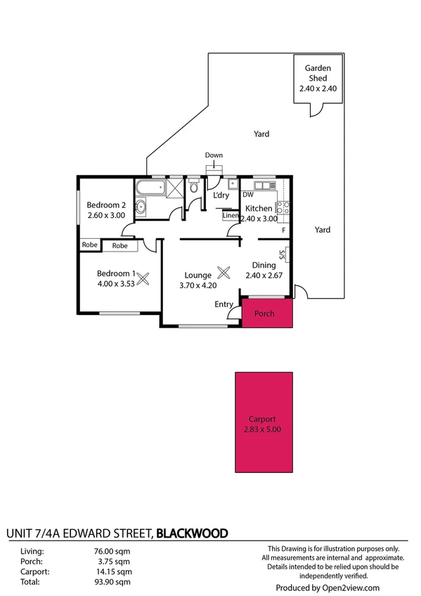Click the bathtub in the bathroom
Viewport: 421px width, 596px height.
point(149,188)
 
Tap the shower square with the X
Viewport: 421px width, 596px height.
point(175,187)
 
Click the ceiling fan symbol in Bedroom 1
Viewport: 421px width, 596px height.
point(143,278)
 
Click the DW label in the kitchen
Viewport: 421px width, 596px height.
point(247,195)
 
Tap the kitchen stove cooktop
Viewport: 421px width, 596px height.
point(283,207)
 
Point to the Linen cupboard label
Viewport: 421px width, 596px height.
point(230,216)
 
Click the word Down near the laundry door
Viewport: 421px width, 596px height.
point(214,155)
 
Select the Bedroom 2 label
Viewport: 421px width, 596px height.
point(105,205)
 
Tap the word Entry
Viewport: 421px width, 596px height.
point(224,304)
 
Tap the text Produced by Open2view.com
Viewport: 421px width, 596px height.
point(328,588)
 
